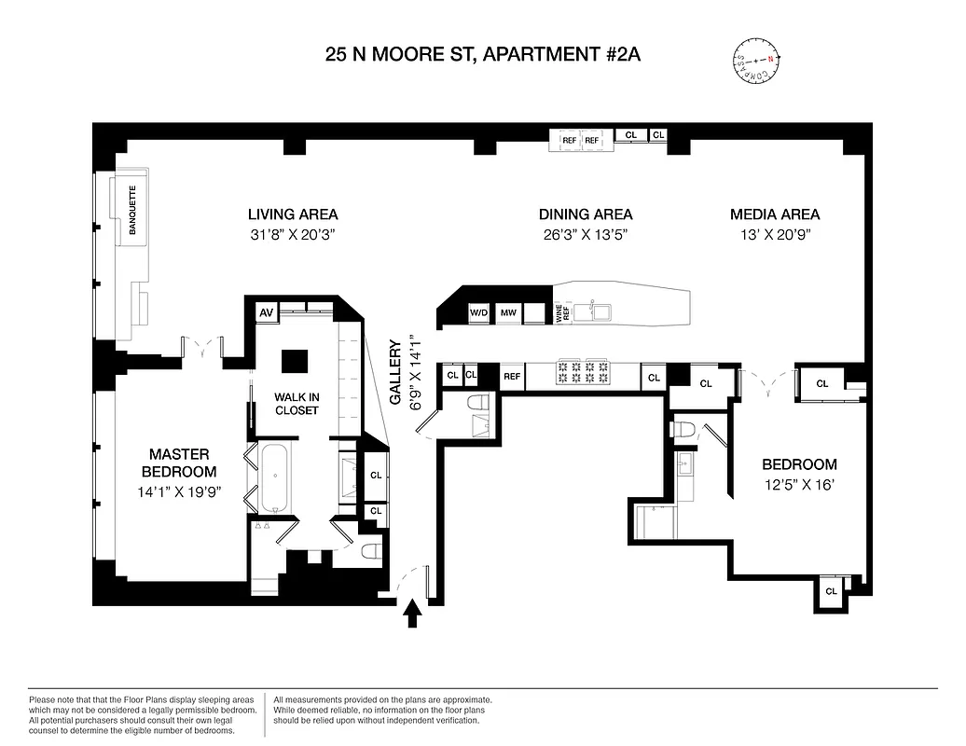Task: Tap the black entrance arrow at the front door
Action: pos(411,615)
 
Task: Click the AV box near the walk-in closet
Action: pos(265,311)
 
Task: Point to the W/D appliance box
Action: pos(479,312)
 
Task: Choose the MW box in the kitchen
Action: pos(508,312)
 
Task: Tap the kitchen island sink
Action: pos(591,309)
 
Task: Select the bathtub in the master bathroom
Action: pos(275,478)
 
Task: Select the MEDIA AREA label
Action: pos(775,214)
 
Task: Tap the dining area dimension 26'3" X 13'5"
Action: pos(585,235)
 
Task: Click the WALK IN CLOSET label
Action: pos(297,403)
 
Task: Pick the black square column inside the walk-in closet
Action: pos(296,362)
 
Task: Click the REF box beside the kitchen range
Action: pos(512,377)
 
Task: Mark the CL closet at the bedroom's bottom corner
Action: pos(831,591)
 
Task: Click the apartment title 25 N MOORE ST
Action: pos(482,54)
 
